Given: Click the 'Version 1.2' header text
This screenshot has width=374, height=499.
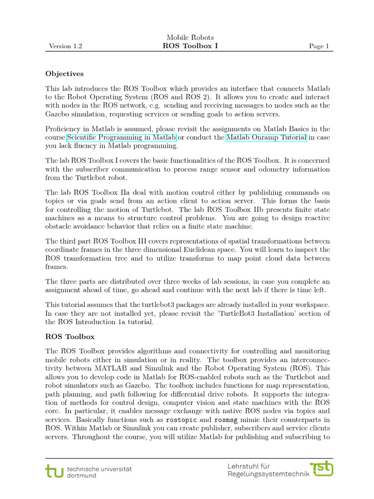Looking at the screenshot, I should pyautogui.click(x=65, y=46).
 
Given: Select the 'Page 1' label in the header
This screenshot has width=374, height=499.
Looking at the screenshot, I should pyautogui.click(x=319, y=46).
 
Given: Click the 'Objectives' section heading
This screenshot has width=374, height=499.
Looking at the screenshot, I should pyautogui.click(x=64, y=74).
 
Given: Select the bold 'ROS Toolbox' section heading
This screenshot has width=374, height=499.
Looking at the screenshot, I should pyautogui.click(x=70, y=336).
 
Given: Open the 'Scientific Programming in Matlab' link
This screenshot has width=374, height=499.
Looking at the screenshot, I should pyautogui.click(x=121, y=138).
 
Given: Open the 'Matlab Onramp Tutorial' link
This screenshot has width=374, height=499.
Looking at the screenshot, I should pyautogui.click(x=266, y=138).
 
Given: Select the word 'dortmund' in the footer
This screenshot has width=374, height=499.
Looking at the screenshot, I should pyautogui.click(x=82, y=475).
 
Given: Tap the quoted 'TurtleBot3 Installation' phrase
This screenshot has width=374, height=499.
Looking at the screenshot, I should pyautogui.click(x=254, y=313).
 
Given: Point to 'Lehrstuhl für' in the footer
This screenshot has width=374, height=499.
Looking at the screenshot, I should pyautogui.click(x=249, y=466).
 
